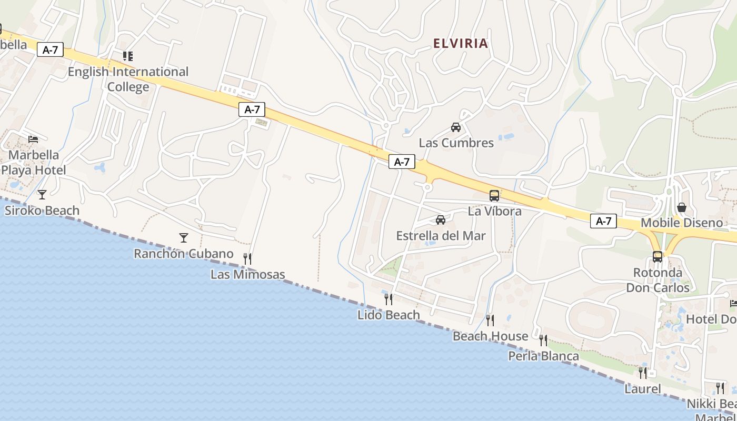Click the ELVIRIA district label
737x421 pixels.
461,44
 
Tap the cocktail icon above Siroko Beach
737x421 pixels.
42,194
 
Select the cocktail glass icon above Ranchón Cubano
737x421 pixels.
183,238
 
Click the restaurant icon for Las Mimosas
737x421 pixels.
247,258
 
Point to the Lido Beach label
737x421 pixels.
389,315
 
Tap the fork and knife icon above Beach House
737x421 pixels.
490,320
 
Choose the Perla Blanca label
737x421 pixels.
543,356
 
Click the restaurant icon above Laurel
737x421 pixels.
643,373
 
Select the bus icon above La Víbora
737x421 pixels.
494,196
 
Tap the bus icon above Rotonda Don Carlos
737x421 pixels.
658,257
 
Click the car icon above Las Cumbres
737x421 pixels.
456,127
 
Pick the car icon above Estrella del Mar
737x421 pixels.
441,220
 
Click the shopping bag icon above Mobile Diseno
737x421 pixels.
682,207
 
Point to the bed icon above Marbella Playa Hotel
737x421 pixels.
33,139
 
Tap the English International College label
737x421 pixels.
128,79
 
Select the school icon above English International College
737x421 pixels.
127,56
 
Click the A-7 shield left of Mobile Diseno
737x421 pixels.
603,221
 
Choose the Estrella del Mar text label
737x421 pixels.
441,235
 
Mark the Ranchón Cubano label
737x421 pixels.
183,254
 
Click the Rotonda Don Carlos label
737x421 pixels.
658,280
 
